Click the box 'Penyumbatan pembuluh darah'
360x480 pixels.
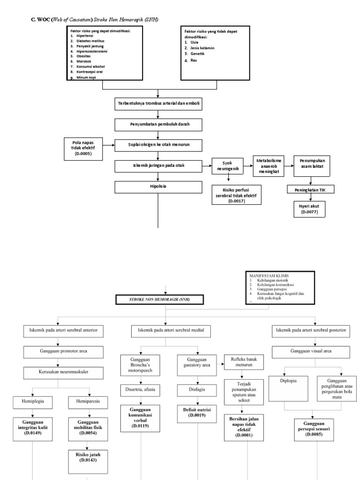pyautogui.click(x=158, y=125)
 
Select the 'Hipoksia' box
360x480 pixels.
pyautogui.click(x=158, y=186)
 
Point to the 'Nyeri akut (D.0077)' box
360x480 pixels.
pyautogui.click(x=309, y=208)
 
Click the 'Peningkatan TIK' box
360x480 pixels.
pyautogui.click(x=309, y=189)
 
